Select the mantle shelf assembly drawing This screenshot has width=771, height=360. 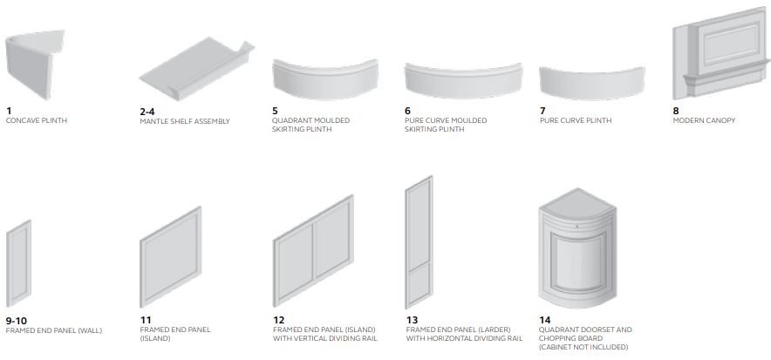point(197,69)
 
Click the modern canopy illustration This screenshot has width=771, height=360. point(721,54)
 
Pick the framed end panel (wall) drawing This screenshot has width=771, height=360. point(18,263)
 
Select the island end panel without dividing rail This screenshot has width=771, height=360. point(171,257)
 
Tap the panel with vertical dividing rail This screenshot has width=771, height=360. point(313,251)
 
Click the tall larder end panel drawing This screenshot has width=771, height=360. point(419,242)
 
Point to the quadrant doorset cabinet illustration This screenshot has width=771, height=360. point(577,248)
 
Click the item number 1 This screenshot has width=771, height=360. point(9,111)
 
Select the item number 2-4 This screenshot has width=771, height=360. point(147,112)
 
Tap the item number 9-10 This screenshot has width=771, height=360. point(17,321)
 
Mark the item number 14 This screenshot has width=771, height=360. point(545,320)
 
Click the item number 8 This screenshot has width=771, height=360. point(676,111)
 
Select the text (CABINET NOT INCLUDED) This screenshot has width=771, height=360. point(583,347)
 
